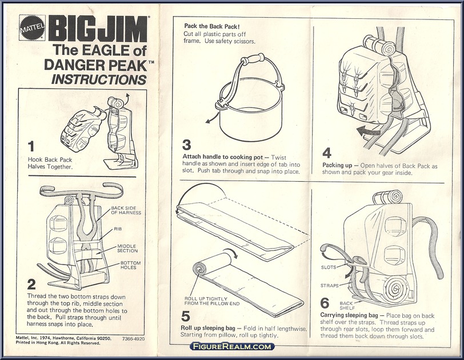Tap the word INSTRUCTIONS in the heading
tap(99, 79)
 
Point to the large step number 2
tap(32, 283)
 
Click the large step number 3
tap(187, 145)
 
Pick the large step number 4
tap(327, 153)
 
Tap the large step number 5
tap(186, 314)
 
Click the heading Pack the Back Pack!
tap(211, 26)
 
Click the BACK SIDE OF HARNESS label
tap(126, 210)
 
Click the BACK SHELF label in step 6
tap(347, 306)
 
